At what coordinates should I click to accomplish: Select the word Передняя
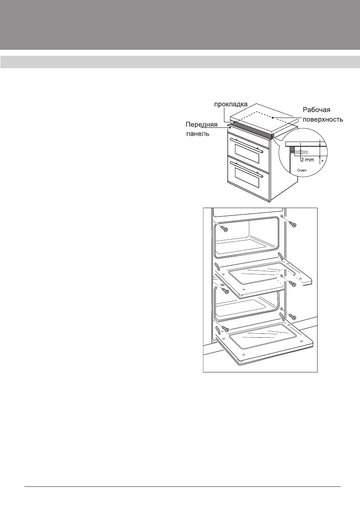coord(202,125)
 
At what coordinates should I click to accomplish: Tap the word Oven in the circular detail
coord(303,170)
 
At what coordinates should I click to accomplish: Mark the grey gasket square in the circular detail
coord(292,148)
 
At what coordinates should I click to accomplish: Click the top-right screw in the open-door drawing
coord(293,224)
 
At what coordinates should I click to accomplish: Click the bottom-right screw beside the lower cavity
coord(292,317)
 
